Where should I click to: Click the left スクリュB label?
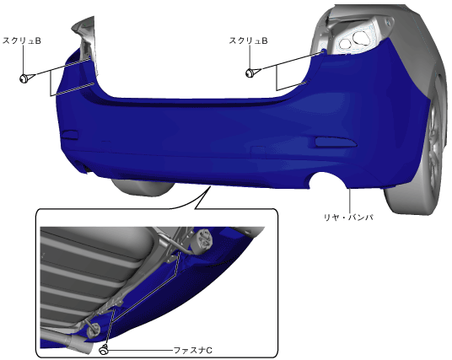[x=22, y=41]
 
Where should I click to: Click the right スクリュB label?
[x=248, y=40]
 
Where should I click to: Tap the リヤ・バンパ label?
[x=348, y=217]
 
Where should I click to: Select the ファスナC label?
[x=193, y=351]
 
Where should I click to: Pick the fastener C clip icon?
[x=104, y=349]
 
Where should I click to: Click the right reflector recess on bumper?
[x=336, y=142]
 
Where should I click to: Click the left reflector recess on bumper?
[x=70, y=135]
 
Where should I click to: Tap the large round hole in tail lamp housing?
[x=360, y=37]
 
